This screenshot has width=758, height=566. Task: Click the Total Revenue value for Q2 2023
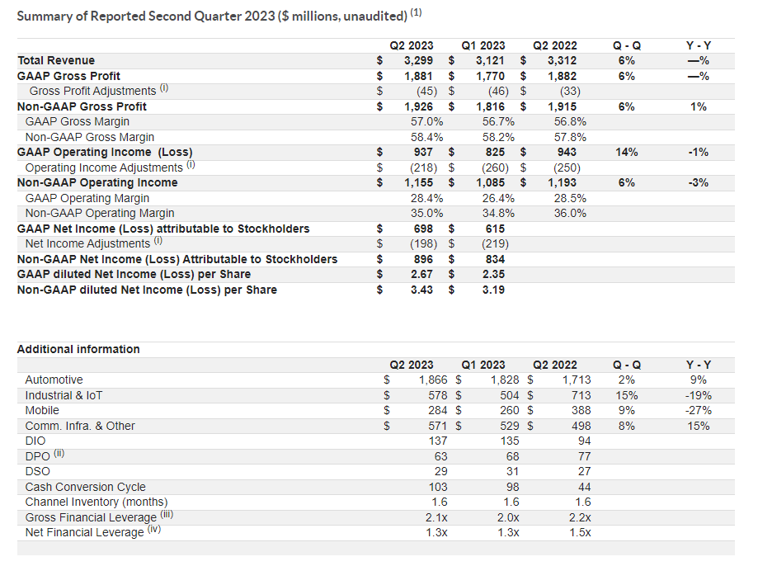(x=419, y=60)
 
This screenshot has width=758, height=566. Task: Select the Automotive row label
(x=54, y=380)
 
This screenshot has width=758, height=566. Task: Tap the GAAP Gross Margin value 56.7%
(x=498, y=121)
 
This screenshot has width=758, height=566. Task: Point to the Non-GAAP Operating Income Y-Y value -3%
(x=699, y=182)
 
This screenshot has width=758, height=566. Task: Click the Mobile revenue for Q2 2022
(x=581, y=410)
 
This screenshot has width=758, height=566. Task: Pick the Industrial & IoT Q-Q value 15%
(x=627, y=395)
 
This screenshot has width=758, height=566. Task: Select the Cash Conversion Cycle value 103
(x=438, y=487)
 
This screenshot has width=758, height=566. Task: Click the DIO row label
(x=35, y=441)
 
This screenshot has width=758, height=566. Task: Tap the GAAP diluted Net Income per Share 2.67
(x=422, y=274)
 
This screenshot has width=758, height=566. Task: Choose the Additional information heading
(x=78, y=349)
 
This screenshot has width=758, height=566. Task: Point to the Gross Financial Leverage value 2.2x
(x=580, y=517)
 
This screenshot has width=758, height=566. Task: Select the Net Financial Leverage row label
(x=85, y=532)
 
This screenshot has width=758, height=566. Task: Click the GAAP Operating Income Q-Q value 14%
(x=627, y=152)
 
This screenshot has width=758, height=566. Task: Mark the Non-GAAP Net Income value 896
(x=423, y=259)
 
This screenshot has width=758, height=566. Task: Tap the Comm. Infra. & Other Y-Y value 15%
(x=699, y=426)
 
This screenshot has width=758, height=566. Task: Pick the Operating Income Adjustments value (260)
(x=495, y=167)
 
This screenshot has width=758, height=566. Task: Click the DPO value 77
(x=585, y=456)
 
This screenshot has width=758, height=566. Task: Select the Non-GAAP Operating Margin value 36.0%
(x=570, y=213)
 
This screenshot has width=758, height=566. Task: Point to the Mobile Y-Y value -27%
(x=699, y=410)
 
